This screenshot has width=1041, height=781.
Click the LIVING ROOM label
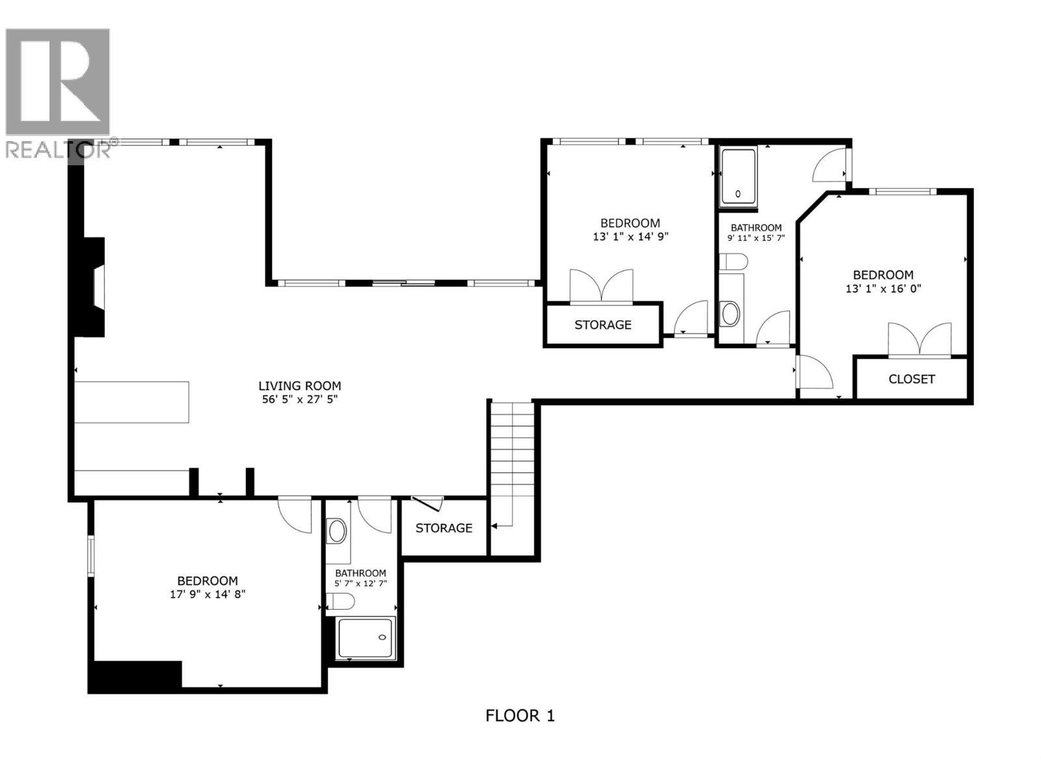tap(299, 386)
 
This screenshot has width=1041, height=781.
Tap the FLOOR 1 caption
tap(520, 716)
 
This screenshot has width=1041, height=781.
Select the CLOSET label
tap(912, 379)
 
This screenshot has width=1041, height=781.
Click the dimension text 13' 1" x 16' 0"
tap(883, 288)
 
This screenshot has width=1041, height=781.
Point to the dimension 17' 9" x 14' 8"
tap(208, 594)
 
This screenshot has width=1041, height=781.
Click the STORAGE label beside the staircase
tap(444, 528)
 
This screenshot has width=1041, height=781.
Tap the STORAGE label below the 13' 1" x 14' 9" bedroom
tap(602, 324)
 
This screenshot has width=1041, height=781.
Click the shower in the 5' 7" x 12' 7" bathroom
tap(366, 637)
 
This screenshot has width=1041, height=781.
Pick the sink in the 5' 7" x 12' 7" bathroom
tap(337, 531)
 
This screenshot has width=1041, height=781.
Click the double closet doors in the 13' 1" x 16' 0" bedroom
tap(919, 340)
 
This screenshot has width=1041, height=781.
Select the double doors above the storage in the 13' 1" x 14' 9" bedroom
tap(601, 286)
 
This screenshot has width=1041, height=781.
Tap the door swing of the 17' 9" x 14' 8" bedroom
tap(297, 515)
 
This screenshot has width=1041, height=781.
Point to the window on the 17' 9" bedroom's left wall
tap(91, 555)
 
